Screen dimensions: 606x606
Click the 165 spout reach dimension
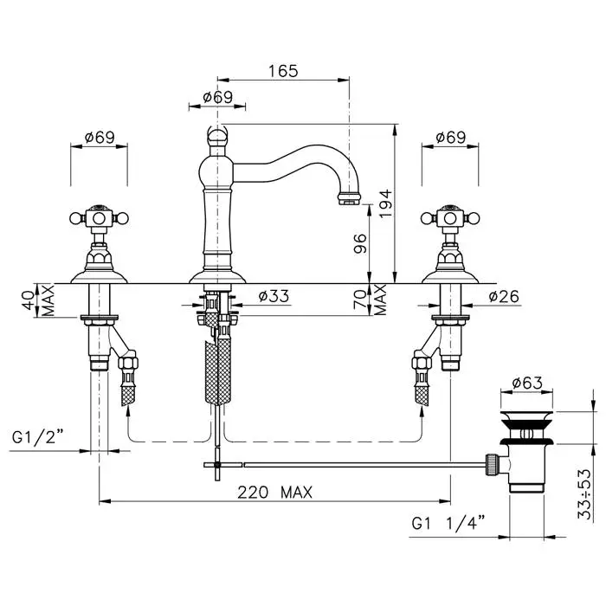pyautogui.click(x=283, y=71)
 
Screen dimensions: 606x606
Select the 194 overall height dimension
pyautogui.click(x=386, y=203)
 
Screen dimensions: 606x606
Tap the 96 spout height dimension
pyautogui.click(x=360, y=243)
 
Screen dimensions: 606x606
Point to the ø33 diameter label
pyautogui.click(x=274, y=296)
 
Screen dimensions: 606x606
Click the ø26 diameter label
pyautogui.click(x=504, y=296)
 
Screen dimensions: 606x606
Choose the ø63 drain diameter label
pyautogui.click(x=527, y=383)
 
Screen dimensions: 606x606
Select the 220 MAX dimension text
pyautogui.click(x=274, y=493)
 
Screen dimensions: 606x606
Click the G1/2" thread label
pyautogui.click(x=37, y=438)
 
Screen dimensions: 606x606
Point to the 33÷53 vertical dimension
pyautogui.click(x=584, y=494)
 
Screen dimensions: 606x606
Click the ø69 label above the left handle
pyautogui.click(x=100, y=137)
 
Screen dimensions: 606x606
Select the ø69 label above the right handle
pyautogui.click(x=451, y=137)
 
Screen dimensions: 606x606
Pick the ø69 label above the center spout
pyautogui.click(x=218, y=97)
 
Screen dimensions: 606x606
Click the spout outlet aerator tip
pyautogui.click(x=349, y=198)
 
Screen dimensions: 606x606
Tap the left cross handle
pyautogui.click(x=99, y=218)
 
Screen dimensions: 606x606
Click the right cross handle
pyautogui.click(x=450, y=218)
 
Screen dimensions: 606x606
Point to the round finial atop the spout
pyautogui.click(x=217, y=136)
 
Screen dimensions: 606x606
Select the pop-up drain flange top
pyautogui.click(x=526, y=419)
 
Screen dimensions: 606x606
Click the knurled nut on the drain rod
pyautogui.click(x=490, y=464)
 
